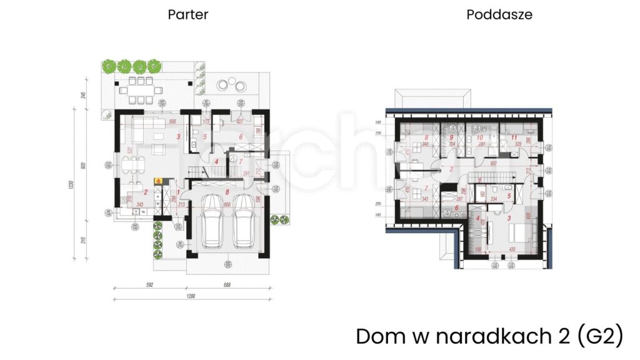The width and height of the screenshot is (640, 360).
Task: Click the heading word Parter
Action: pyautogui.click(x=187, y=14)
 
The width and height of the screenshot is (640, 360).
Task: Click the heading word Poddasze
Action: pyautogui.click(x=499, y=14)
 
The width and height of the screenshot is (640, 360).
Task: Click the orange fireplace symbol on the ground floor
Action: pyautogui.click(x=159, y=181)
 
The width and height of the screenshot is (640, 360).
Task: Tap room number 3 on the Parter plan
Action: pyautogui.click(x=178, y=136)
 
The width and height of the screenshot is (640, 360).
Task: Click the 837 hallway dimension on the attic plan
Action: pyautogui.click(x=494, y=164)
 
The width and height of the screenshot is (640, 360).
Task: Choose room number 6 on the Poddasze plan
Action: pyautogui.click(x=456, y=209)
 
